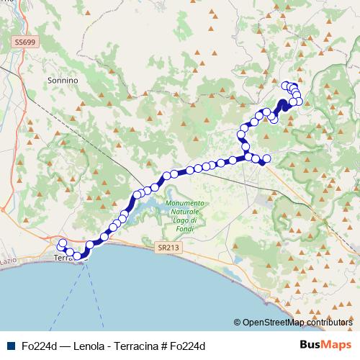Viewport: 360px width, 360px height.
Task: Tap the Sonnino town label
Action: [62, 81]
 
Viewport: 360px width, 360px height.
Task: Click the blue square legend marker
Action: [10, 346]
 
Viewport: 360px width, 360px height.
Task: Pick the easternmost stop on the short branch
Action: [266, 158]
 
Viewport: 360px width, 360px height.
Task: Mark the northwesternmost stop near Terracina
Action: [62, 243]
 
